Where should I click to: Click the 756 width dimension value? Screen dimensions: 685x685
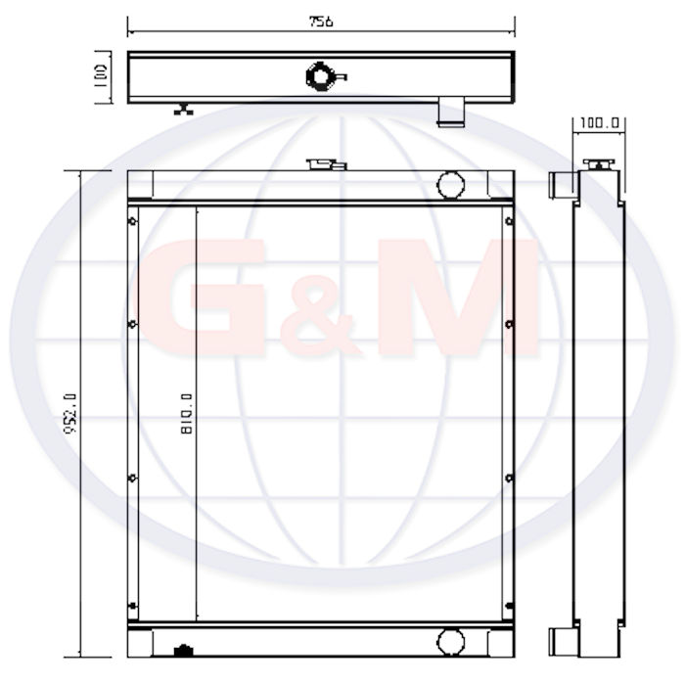click(321, 22)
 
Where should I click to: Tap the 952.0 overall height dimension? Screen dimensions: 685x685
click(70, 413)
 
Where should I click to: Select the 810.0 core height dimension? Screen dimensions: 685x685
click(187, 413)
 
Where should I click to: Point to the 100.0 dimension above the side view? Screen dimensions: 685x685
click(599, 123)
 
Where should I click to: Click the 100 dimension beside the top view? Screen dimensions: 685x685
click(101, 76)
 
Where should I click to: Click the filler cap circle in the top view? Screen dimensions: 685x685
click(321, 77)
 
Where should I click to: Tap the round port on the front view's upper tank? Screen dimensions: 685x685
click(450, 185)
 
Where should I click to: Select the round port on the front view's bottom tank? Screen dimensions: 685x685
click(450, 642)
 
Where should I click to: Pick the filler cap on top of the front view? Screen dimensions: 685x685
click(326, 164)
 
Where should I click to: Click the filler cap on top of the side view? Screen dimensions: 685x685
click(599, 163)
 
